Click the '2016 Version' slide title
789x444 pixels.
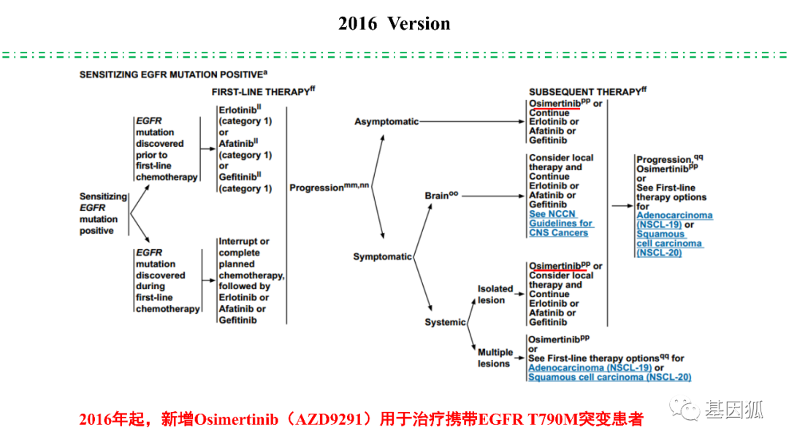coord(394,23)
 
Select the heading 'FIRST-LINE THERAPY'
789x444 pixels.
coord(261,92)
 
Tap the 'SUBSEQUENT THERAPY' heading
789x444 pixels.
coord(584,92)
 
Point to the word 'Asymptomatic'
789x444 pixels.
coord(386,122)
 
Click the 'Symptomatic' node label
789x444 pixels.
coord(382,257)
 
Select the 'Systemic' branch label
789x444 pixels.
coord(445,322)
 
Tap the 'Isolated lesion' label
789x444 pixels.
coord(495,294)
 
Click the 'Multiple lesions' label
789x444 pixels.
coord(495,358)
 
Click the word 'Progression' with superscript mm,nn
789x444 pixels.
coord(316,188)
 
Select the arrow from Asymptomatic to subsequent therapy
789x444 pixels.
coord(472,122)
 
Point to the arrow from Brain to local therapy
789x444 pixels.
coord(493,196)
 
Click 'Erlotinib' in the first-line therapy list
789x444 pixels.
coord(237,110)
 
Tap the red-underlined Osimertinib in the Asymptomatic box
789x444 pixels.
coord(554,104)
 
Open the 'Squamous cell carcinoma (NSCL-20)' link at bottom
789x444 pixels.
coord(610,377)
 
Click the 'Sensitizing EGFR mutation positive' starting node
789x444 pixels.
coord(103,213)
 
